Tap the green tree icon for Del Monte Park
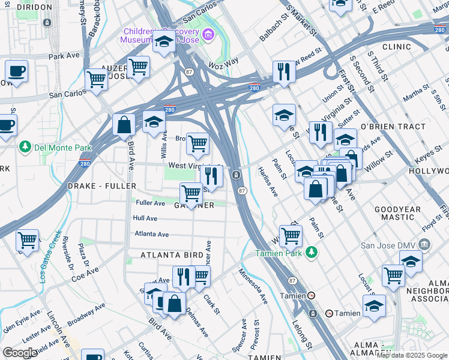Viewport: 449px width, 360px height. coord(25,146)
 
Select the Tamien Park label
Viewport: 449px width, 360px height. coord(280,253)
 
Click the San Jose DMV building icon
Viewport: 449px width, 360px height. coord(424,244)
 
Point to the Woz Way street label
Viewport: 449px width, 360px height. coord(223,61)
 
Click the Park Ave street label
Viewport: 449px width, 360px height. coord(64,55)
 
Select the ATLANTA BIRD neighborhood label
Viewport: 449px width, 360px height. coord(172,255)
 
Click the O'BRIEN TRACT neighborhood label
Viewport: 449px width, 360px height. coord(393,127)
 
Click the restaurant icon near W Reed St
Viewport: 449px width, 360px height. coord(283,71)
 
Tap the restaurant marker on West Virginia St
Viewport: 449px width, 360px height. coord(211,176)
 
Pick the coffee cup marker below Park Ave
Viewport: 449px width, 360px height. coord(16,70)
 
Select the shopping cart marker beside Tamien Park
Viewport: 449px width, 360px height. coord(291,236)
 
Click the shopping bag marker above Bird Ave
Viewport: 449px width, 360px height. coord(124,125)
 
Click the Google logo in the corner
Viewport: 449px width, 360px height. coord(20,353)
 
